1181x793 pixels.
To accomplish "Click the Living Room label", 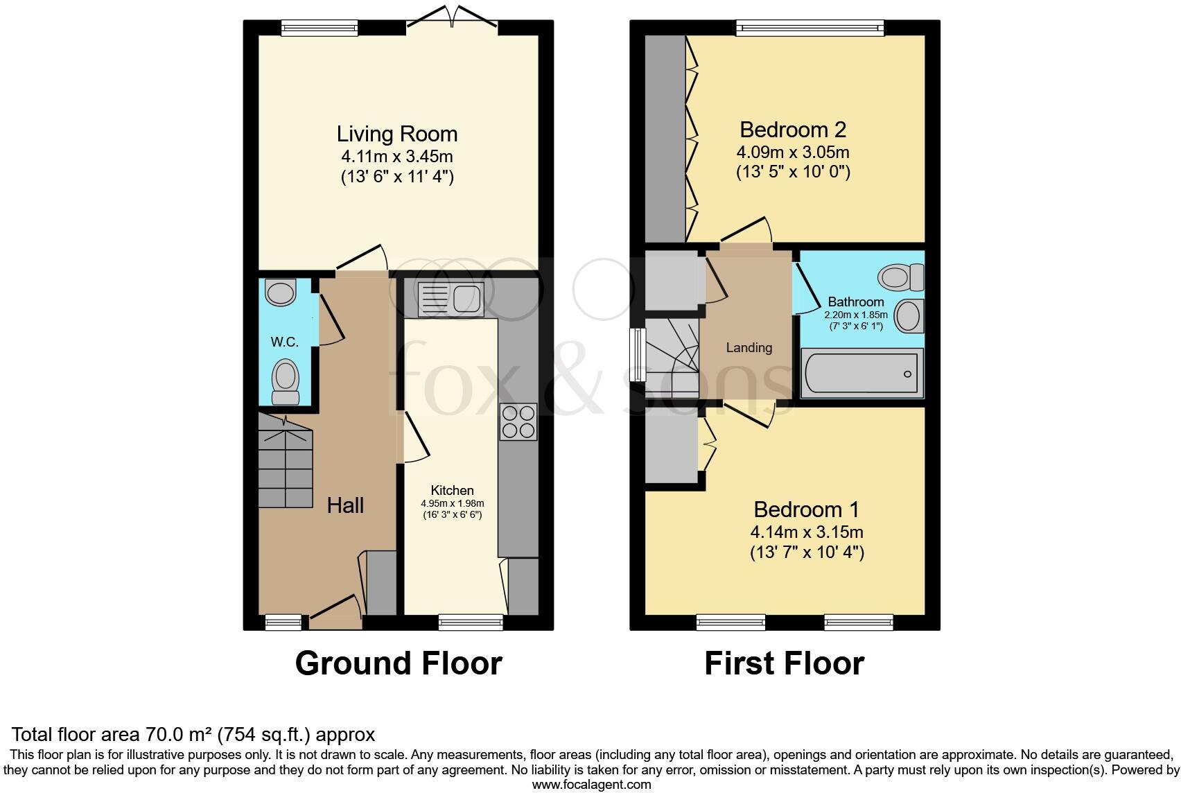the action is pyautogui.click(x=397, y=134).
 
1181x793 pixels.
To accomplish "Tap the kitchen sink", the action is pyautogui.click(x=450, y=299).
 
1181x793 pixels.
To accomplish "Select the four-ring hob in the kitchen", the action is pyautogui.click(x=518, y=422).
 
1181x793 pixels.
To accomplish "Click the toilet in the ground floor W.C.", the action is pyautogui.click(x=286, y=382).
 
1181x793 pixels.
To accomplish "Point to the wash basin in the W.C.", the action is pyautogui.click(x=280, y=292).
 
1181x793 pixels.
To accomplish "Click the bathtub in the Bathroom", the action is pyautogui.click(x=862, y=373).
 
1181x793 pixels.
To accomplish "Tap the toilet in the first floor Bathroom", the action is pyautogui.click(x=900, y=277).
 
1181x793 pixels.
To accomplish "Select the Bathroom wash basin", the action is pyautogui.click(x=909, y=316).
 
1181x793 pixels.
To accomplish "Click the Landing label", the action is pyautogui.click(x=749, y=347).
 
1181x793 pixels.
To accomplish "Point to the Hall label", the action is pyautogui.click(x=345, y=505).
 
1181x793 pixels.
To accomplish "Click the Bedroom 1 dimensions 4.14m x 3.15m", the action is pyautogui.click(x=807, y=532).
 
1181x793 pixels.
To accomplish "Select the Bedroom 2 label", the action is pyautogui.click(x=793, y=130).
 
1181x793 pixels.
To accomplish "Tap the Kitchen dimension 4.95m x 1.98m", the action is pyautogui.click(x=453, y=503).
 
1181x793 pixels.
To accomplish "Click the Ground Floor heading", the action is pyautogui.click(x=399, y=663).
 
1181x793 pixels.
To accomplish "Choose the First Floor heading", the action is pyautogui.click(x=785, y=663).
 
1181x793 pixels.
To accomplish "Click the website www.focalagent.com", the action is pyautogui.click(x=592, y=785).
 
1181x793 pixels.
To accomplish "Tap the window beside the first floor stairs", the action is pyautogui.click(x=638, y=354).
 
